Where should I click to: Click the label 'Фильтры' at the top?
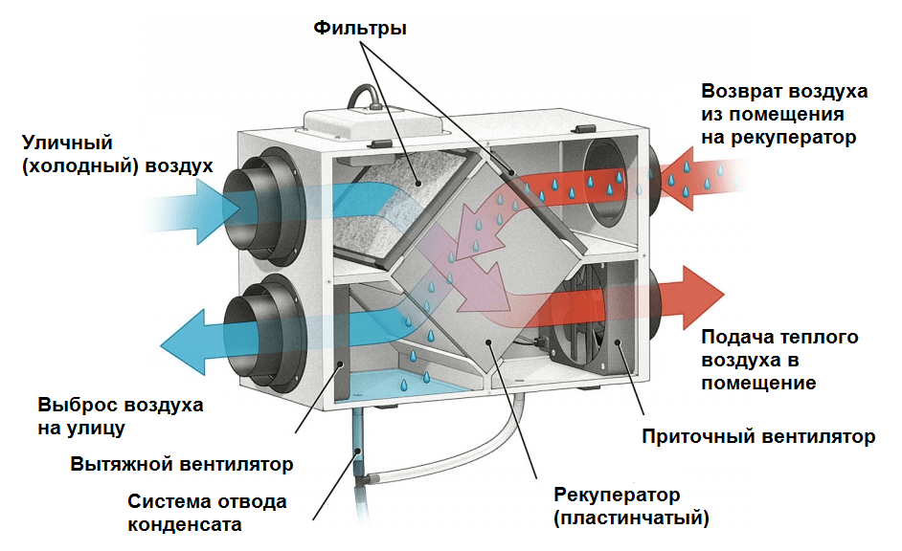(x=360, y=29)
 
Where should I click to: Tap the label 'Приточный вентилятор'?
(x=757, y=437)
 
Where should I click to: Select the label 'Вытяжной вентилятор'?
(x=182, y=464)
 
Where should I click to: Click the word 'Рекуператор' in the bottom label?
(x=617, y=495)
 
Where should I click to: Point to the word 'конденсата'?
(x=183, y=524)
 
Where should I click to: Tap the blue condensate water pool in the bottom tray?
(x=402, y=387)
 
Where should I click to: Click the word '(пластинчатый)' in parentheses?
(x=631, y=518)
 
